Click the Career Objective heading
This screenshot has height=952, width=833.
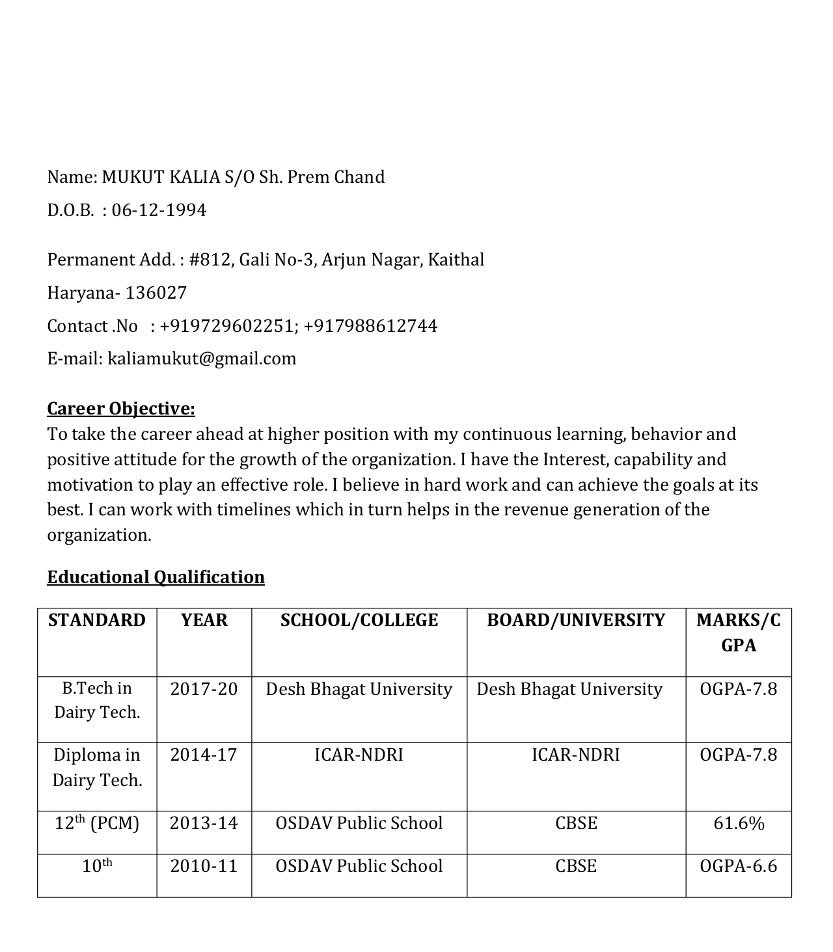click(121, 409)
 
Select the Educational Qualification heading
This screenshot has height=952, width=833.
click(156, 577)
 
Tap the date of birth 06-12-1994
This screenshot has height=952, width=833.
click(159, 210)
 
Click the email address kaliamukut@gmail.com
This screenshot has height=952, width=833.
click(202, 359)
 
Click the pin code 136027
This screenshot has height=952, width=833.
click(156, 293)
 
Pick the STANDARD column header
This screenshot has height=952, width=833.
click(97, 620)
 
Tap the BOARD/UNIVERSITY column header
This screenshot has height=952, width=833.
click(576, 620)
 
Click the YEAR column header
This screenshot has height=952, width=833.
click(204, 620)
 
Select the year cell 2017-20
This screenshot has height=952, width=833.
click(204, 689)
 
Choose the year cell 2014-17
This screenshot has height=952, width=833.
click(204, 755)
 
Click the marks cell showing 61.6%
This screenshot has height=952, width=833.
click(739, 824)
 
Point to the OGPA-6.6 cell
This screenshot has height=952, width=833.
click(739, 867)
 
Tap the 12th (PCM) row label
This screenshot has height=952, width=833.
click(97, 824)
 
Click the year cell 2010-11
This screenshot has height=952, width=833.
click(204, 867)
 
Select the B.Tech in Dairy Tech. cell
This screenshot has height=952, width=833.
click(97, 700)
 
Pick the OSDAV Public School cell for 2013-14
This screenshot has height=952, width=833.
click(359, 824)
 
